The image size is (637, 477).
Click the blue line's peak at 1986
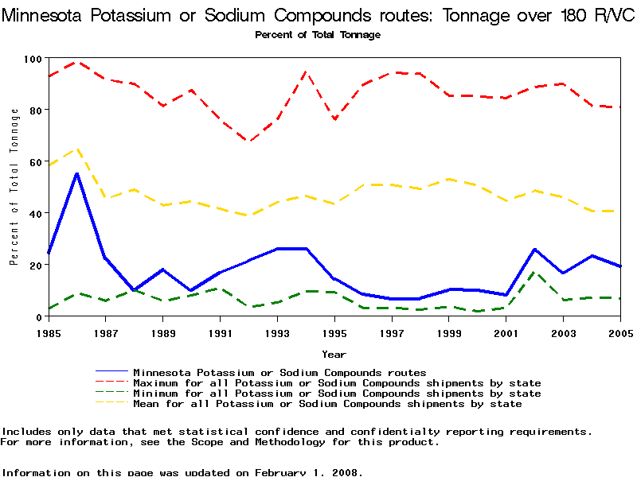click(x=76, y=173)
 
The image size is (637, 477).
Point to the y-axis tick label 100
click(x=32, y=59)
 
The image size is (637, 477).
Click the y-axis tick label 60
click(x=35, y=162)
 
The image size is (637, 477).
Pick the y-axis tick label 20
click(x=35, y=265)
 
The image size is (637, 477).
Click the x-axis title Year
click(x=334, y=353)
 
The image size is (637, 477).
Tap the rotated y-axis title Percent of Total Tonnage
click(x=14, y=188)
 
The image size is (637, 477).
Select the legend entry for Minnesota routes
click(x=279, y=372)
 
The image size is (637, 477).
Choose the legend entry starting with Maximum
click(x=337, y=383)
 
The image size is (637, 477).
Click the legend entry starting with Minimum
click(x=337, y=394)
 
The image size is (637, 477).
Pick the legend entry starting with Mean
click(x=327, y=404)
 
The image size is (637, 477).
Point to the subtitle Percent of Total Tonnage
click(x=318, y=35)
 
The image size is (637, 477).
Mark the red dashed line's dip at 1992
click(x=248, y=142)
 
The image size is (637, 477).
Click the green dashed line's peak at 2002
click(x=535, y=273)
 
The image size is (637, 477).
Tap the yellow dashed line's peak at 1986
click(x=76, y=149)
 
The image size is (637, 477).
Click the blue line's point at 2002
click(x=535, y=249)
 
